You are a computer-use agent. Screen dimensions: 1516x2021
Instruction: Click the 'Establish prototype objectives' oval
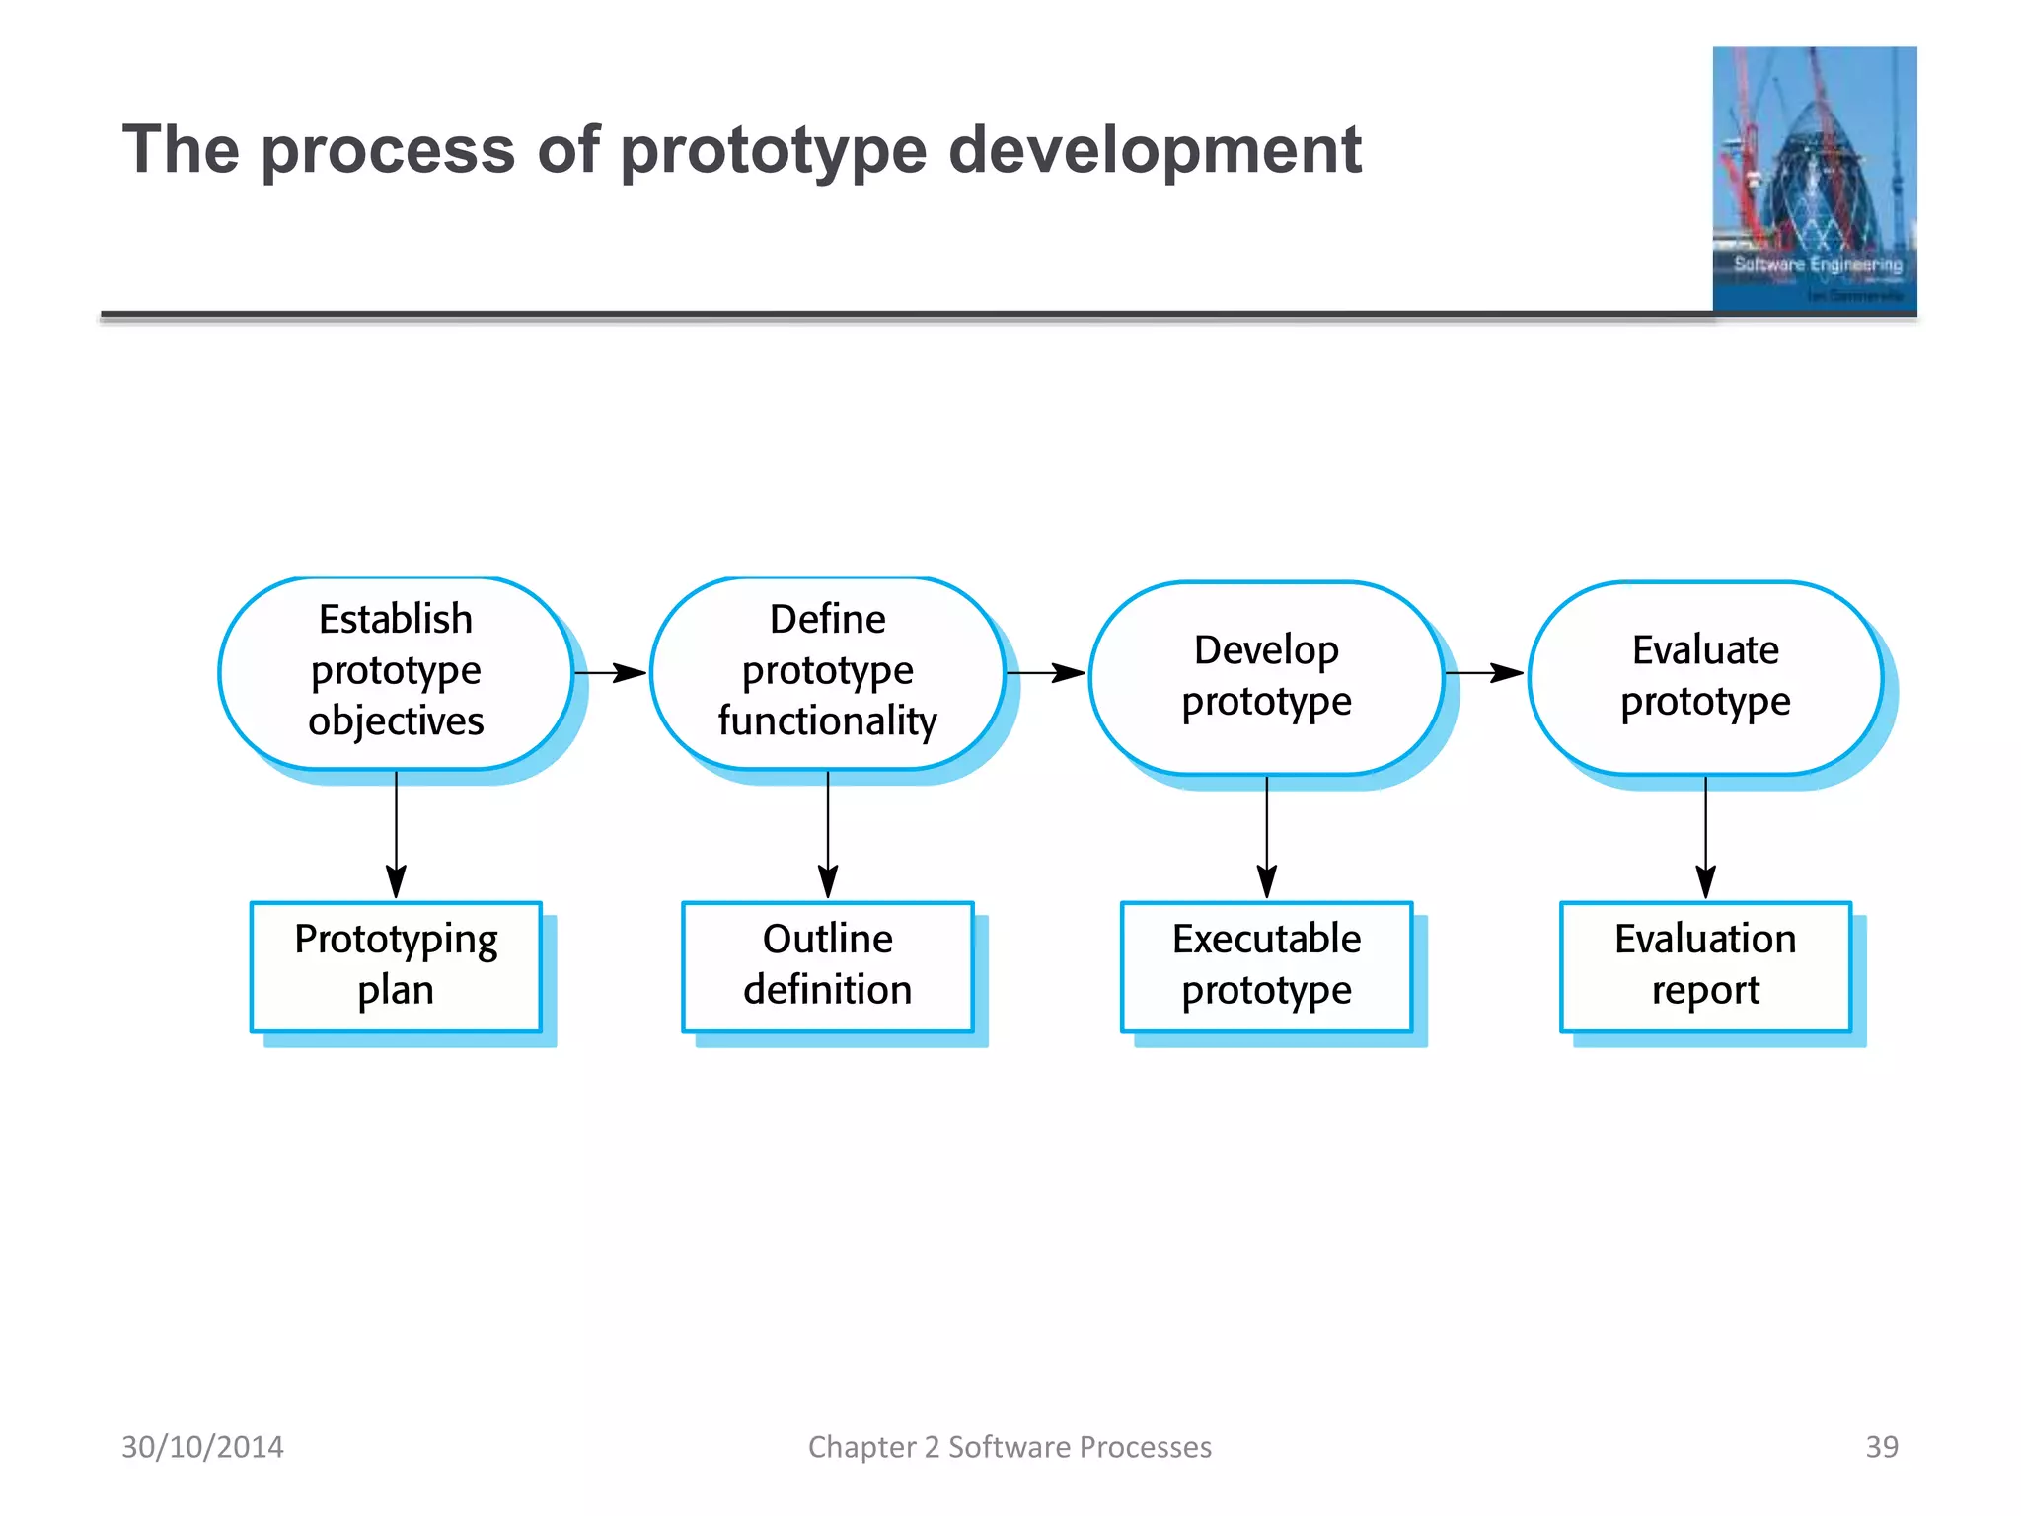396,672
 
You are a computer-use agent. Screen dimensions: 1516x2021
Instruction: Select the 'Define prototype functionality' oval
827,672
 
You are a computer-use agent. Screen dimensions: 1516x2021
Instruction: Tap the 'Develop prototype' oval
1266,676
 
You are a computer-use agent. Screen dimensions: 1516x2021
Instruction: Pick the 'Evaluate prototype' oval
1704,676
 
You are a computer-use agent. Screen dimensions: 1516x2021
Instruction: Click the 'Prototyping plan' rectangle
396,966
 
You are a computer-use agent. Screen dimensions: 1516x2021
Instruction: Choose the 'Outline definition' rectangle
827,966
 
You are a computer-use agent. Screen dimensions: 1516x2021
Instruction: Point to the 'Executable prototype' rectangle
1266,966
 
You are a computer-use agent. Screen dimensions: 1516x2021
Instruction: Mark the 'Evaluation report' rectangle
1704,966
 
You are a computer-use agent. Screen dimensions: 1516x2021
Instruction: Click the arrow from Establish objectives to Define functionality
610,673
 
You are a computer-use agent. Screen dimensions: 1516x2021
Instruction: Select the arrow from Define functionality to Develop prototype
1046,673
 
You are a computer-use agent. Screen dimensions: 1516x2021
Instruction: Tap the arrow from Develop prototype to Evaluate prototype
1484,673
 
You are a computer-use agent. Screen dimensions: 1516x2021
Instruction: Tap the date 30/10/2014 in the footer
202,1447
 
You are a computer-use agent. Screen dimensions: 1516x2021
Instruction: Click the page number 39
1881,1447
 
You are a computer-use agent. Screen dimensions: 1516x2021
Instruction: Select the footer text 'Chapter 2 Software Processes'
1010,1447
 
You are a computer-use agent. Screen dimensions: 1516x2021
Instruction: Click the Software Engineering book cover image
1814,180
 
